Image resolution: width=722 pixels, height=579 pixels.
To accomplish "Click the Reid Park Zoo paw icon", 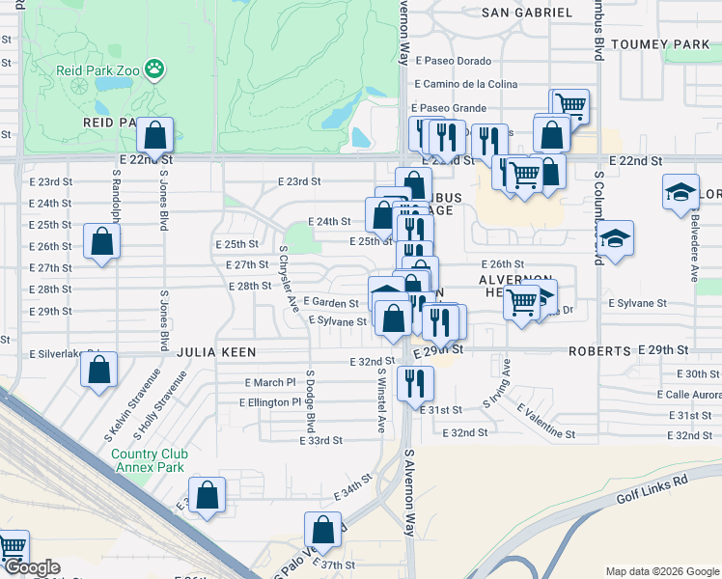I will (x=154, y=68).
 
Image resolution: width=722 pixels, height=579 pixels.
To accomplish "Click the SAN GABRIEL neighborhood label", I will (x=527, y=13).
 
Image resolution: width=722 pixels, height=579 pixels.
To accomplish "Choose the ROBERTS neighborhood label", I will (x=599, y=351).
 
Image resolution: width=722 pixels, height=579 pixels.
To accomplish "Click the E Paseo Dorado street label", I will (x=453, y=62).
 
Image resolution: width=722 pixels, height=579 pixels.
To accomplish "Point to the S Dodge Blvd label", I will (x=311, y=401).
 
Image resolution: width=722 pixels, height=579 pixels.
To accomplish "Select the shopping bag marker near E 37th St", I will (x=323, y=530).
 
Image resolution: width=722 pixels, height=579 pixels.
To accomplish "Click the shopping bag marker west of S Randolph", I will (x=101, y=243).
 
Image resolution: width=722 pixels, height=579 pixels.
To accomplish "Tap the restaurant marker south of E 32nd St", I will (x=416, y=384).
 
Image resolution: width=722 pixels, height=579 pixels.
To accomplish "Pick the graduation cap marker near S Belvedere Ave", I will (x=680, y=192).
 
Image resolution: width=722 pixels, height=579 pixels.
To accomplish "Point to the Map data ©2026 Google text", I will (x=661, y=570).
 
